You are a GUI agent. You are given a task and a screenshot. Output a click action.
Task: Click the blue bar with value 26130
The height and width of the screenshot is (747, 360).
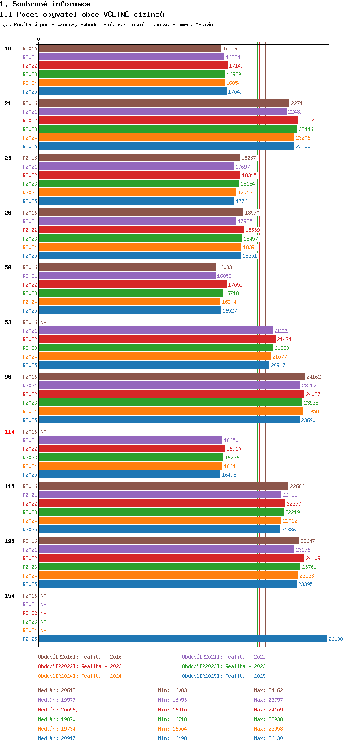click(x=183, y=639)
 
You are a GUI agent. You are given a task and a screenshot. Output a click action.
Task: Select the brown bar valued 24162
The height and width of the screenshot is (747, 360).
click(x=172, y=376)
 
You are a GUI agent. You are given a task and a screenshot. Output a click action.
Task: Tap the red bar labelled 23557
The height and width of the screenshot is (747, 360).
click(x=168, y=120)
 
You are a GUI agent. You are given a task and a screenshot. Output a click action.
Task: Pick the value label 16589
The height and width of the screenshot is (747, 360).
click(x=230, y=48)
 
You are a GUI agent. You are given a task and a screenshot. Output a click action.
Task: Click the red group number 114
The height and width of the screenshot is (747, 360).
click(x=10, y=432)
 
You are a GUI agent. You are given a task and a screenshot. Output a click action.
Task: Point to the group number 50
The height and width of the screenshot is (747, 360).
click(x=8, y=267)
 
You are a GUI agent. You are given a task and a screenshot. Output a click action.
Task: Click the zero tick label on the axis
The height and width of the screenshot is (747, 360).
click(x=39, y=39)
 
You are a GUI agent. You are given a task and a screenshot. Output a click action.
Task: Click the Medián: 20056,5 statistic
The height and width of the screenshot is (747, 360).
click(x=60, y=710)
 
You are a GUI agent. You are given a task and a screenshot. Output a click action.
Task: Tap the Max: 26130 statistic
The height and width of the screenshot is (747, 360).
click(x=268, y=738)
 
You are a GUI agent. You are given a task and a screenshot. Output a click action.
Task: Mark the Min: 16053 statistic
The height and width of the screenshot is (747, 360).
click(x=172, y=700)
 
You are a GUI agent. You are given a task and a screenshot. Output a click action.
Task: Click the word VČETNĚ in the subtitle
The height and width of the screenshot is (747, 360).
click(x=116, y=14)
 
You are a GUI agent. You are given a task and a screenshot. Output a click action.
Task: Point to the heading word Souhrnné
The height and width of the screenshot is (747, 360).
click(x=30, y=4)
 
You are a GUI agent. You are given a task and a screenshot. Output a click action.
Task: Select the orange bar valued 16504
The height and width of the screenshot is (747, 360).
click(x=130, y=302)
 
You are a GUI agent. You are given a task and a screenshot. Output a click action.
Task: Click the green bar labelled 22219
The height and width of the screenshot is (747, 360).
click(x=161, y=512)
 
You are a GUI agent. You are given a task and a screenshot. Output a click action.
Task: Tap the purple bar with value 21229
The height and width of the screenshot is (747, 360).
click(x=156, y=330)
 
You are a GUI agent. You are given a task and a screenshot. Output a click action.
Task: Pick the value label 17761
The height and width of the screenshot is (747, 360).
click(x=243, y=201)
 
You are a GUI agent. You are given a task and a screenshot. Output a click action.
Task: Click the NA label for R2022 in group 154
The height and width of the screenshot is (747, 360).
click(x=43, y=613)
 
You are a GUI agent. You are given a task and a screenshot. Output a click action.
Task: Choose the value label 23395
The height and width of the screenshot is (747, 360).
click(x=305, y=584)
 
